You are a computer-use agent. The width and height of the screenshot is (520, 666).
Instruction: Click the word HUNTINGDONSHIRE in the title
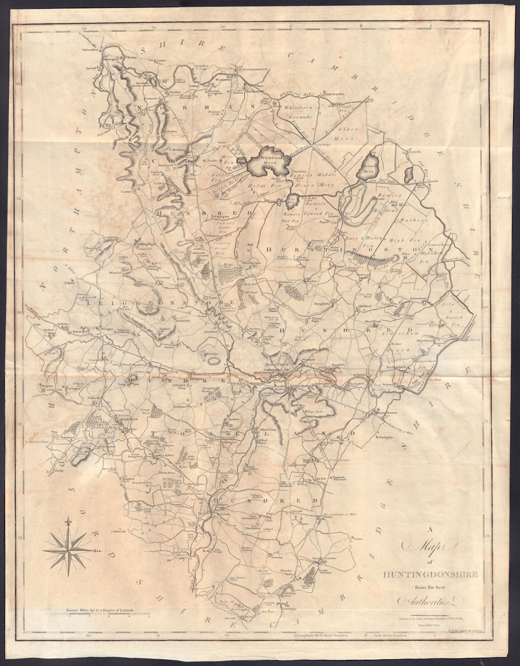426,574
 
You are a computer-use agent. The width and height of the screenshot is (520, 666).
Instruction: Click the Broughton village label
319,302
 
